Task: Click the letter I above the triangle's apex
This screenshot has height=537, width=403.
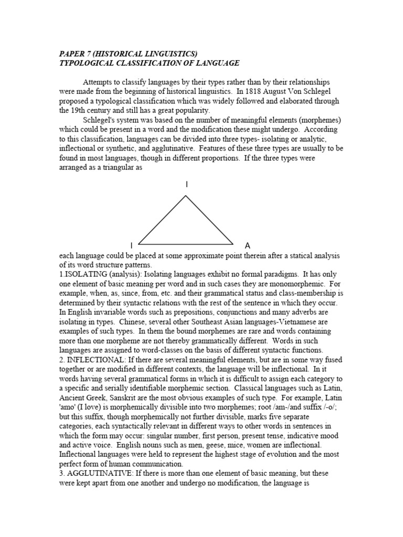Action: pyautogui.click(x=186, y=184)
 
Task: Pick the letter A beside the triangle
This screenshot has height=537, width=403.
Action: pyautogui.click(x=248, y=245)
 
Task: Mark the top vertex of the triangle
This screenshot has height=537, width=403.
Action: pyautogui.click(x=186, y=196)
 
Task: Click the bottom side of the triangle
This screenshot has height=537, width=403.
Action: pyautogui.click(x=186, y=244)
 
